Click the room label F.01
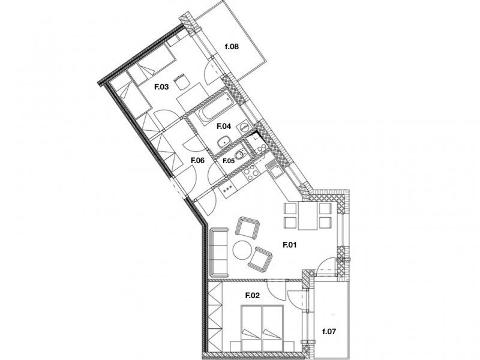click(289, 245)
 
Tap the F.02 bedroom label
click(253, 295)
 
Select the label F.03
click(161, 87)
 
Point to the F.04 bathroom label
click(224, 126)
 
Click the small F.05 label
click(229, 161)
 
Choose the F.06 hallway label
click(197, 160)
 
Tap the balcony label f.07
click(329, 331)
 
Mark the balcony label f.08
click(232, 47)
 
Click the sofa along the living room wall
click(218, 251)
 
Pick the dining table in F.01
click(308, 216)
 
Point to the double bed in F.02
click(262, 328)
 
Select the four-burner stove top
click(250, 173)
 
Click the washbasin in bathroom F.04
click(224, 142)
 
